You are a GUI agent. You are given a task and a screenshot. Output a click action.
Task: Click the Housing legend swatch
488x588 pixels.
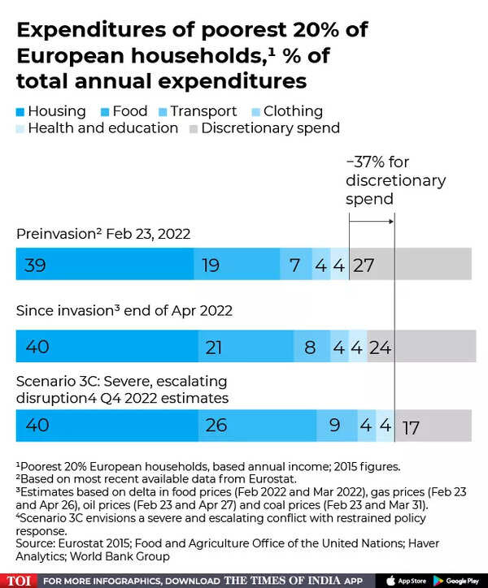(20, 111)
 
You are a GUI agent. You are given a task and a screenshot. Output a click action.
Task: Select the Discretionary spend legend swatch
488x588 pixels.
(194, 128)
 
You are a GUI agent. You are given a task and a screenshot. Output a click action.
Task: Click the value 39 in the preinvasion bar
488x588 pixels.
(36, 265)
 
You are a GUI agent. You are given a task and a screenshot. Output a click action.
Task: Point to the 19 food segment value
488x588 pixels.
(211, 265)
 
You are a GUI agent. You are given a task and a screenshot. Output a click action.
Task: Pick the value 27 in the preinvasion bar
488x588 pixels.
(363, 265)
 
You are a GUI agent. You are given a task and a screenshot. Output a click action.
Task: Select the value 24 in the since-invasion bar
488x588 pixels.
(380, 347)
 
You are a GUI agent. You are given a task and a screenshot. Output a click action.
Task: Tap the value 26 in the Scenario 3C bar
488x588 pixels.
(216, 426)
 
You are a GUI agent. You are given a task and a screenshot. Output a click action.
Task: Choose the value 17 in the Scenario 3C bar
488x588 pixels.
(411, 427)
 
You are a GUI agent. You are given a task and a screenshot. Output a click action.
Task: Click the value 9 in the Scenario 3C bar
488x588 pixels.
(334, 426)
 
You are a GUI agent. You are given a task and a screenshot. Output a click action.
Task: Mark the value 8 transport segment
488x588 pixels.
(310, 347)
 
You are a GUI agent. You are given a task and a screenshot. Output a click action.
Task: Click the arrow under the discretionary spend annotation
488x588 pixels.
(372, 219)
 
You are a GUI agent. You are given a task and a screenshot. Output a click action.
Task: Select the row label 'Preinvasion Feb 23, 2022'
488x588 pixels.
(103, 234)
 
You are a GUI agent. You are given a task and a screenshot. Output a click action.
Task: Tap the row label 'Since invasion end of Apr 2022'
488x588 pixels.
(124, 310)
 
